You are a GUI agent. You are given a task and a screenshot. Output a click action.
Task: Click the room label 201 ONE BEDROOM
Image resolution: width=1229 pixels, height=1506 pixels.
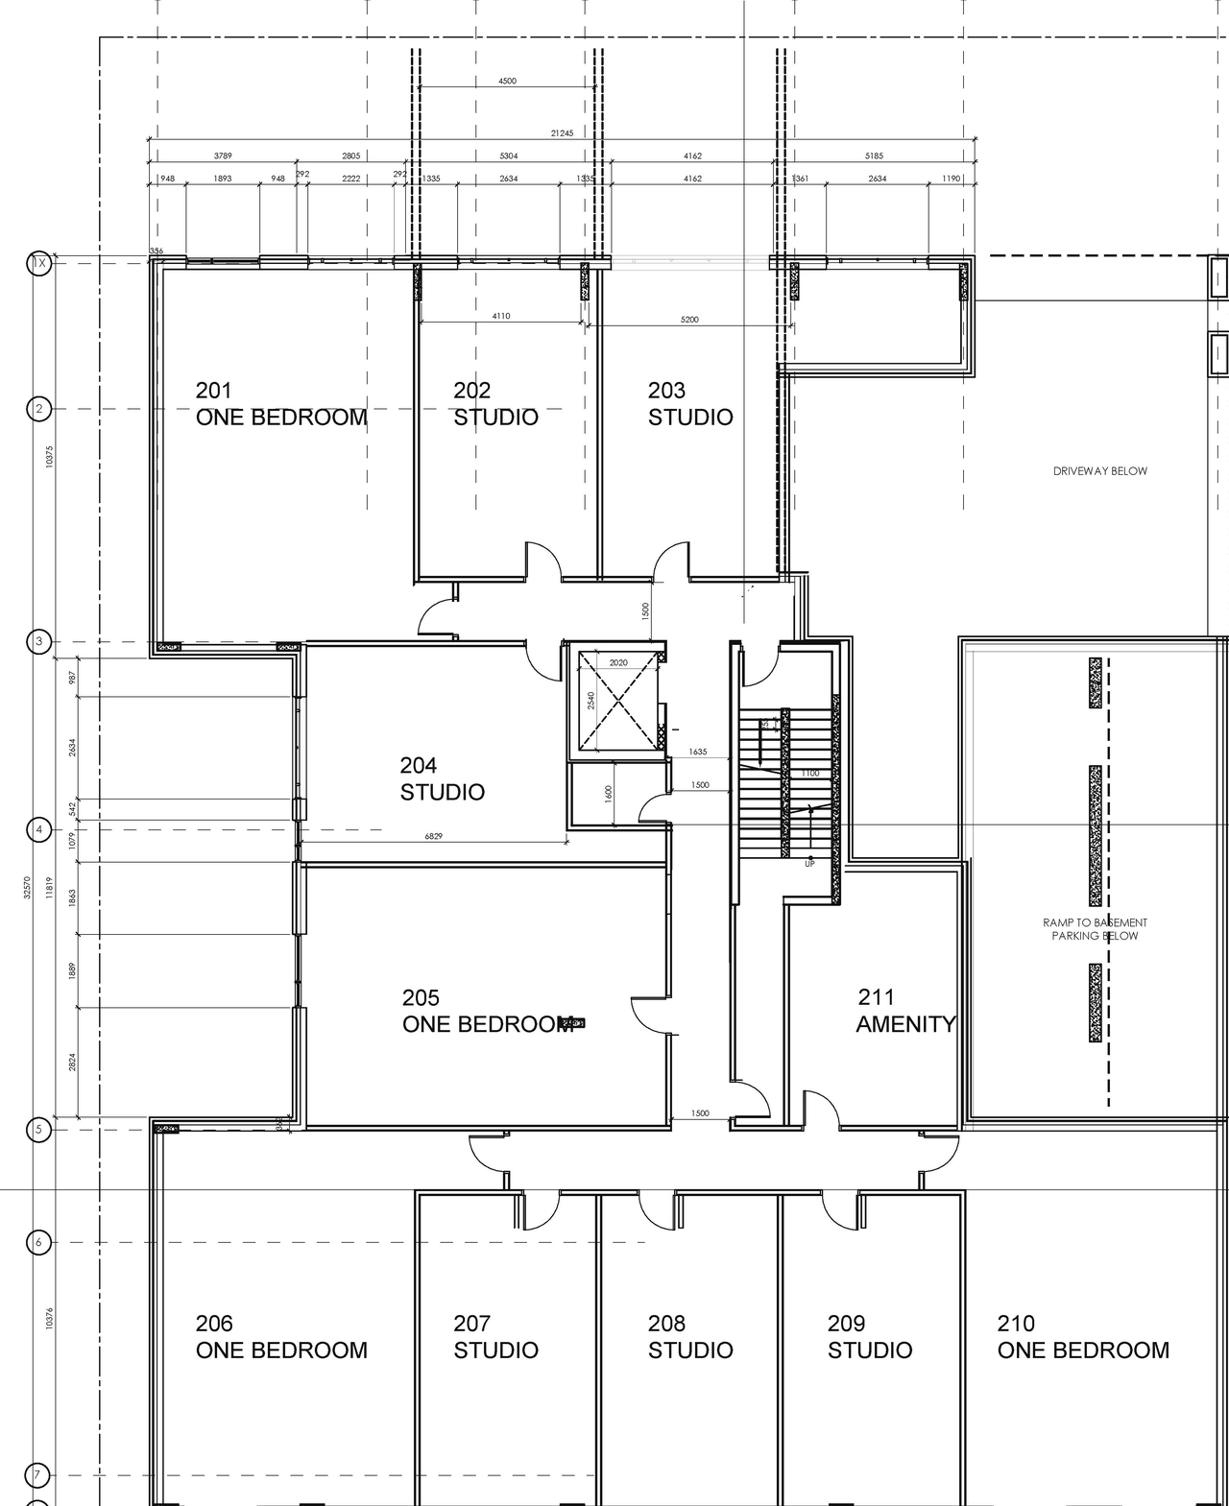[280, 404]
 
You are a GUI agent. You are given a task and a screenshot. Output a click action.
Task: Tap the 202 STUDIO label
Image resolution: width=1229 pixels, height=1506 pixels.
[495, 404]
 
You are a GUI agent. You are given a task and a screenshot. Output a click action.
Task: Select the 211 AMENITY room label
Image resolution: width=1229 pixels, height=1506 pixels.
[905, 1011]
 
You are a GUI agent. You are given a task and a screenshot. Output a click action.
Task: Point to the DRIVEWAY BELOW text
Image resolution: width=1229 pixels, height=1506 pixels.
[1099, 471]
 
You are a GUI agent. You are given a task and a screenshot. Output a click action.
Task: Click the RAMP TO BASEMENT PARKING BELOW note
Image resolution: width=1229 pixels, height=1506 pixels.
[1095, 929]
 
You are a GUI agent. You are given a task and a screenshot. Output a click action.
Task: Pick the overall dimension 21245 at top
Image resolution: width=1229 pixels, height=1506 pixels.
[562, 133]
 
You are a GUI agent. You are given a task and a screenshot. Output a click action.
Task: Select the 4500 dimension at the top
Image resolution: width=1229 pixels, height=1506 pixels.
[507, 82]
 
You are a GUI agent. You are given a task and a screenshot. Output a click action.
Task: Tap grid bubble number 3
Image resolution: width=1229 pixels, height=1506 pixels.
[38, 642]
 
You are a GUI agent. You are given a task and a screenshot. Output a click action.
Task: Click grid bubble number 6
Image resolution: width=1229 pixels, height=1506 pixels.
[38, 1242]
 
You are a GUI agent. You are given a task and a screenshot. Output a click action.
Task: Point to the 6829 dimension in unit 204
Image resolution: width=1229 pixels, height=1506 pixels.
[434, 837]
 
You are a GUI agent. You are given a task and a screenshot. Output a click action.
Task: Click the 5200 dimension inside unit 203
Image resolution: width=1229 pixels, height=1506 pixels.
[689, 320]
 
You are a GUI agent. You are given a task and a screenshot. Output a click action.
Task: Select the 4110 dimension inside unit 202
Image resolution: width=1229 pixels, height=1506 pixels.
[501, 316]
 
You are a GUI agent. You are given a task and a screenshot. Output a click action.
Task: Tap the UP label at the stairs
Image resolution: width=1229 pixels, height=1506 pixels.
[810, 864]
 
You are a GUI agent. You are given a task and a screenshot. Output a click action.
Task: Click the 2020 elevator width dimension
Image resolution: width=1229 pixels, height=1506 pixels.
[618, 663]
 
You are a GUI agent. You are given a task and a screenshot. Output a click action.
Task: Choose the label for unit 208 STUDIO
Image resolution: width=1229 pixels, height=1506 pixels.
[689, 1337]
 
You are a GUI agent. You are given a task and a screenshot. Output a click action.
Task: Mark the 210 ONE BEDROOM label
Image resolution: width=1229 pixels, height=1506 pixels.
[1083, 1337]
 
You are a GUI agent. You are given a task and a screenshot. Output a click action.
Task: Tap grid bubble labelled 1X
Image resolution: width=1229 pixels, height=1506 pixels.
[38, 262]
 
